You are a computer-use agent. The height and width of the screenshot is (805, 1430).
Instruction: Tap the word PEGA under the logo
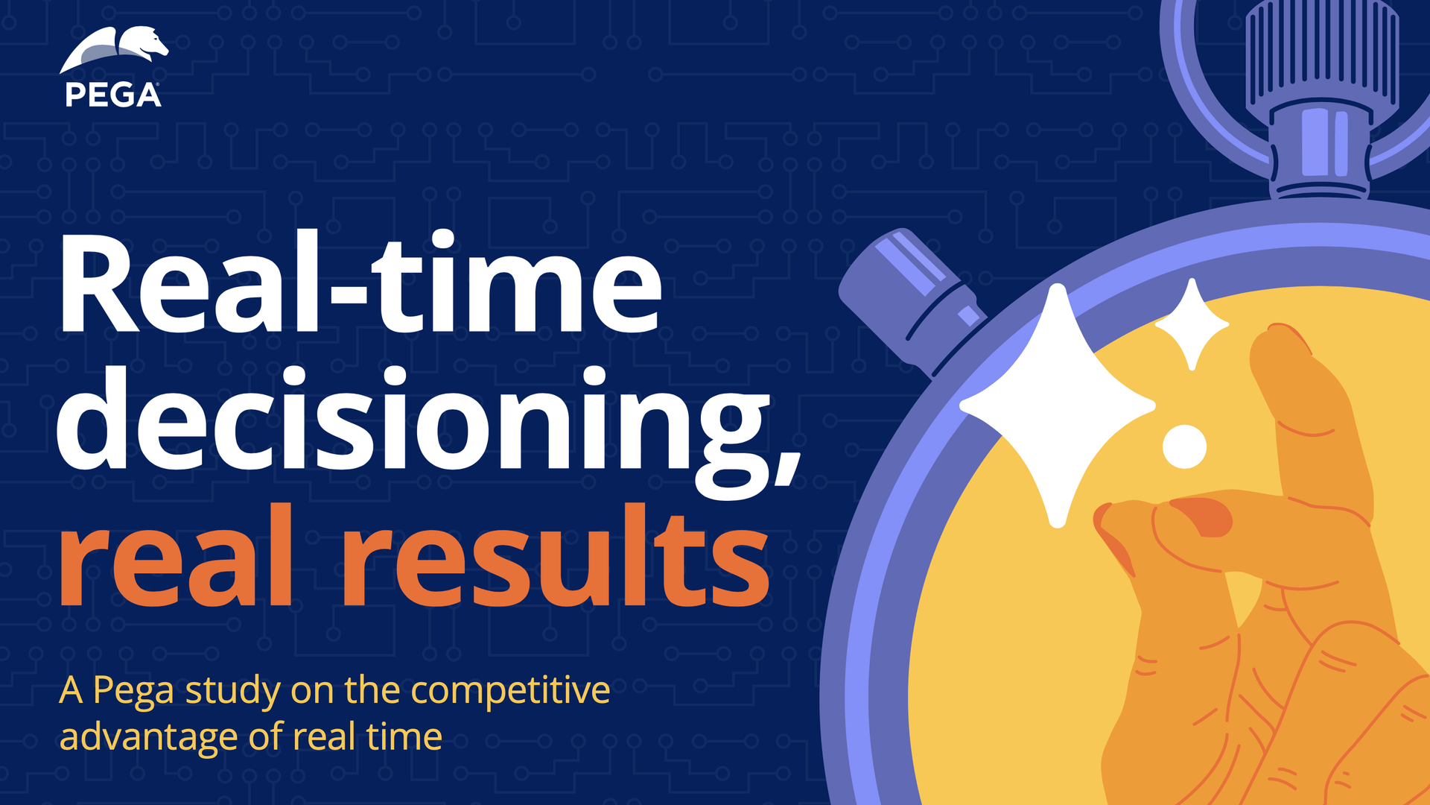pos(113,95)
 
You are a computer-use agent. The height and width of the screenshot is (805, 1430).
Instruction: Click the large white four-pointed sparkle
pos(1057,406)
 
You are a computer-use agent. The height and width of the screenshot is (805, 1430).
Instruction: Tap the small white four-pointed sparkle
pos(1192,324)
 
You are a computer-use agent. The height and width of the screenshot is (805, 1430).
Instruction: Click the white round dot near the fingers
pos(1184,446)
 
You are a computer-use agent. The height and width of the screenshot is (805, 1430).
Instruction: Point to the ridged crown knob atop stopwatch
pos(1322,56)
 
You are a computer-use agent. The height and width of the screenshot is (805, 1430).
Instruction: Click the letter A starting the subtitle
pos(71,691)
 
